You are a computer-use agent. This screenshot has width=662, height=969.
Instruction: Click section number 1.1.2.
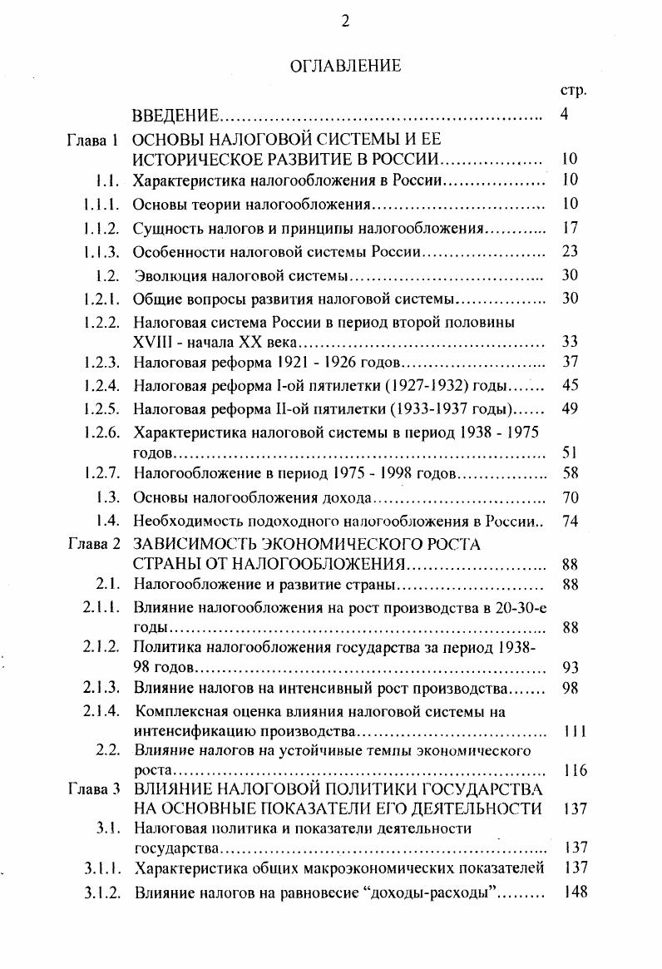(x=104, y=228)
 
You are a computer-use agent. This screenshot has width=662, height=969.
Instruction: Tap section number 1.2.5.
(x=104, y=409)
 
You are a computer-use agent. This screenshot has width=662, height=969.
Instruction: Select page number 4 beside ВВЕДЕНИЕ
(x=565, y=115)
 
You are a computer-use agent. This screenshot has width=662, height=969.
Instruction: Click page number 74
(x=570, y=522)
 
